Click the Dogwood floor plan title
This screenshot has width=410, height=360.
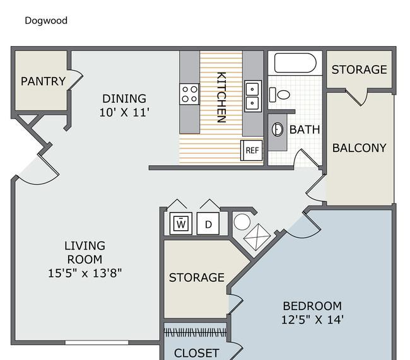point(46,21)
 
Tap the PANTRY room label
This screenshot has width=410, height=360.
point(43,81)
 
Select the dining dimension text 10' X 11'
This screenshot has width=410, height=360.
point(124,112)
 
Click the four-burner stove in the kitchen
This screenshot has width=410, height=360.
point(189,94)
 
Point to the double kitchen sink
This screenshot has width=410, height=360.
point(252,96)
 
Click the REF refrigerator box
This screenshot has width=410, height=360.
point(252,150)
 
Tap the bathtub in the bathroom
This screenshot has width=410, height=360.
point(295,63)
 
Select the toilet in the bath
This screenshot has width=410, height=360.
point(279,95)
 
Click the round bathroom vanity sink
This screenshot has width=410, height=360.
point(278,129)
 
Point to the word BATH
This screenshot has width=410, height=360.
point(305,130)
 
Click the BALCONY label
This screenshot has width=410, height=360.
point(360,148)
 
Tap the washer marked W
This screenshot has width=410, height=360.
point(181,224)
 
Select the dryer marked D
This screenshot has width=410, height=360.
point(208,224)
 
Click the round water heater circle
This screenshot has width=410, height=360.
point(242,222)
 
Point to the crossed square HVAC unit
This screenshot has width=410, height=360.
point(257,237)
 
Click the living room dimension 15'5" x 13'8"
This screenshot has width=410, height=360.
point(85,273)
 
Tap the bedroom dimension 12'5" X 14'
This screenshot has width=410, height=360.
point(312,320)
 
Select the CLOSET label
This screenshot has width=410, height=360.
point(197,353)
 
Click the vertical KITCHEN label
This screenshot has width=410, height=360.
point(221,97)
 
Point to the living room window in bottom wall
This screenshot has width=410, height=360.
point(97,342)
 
